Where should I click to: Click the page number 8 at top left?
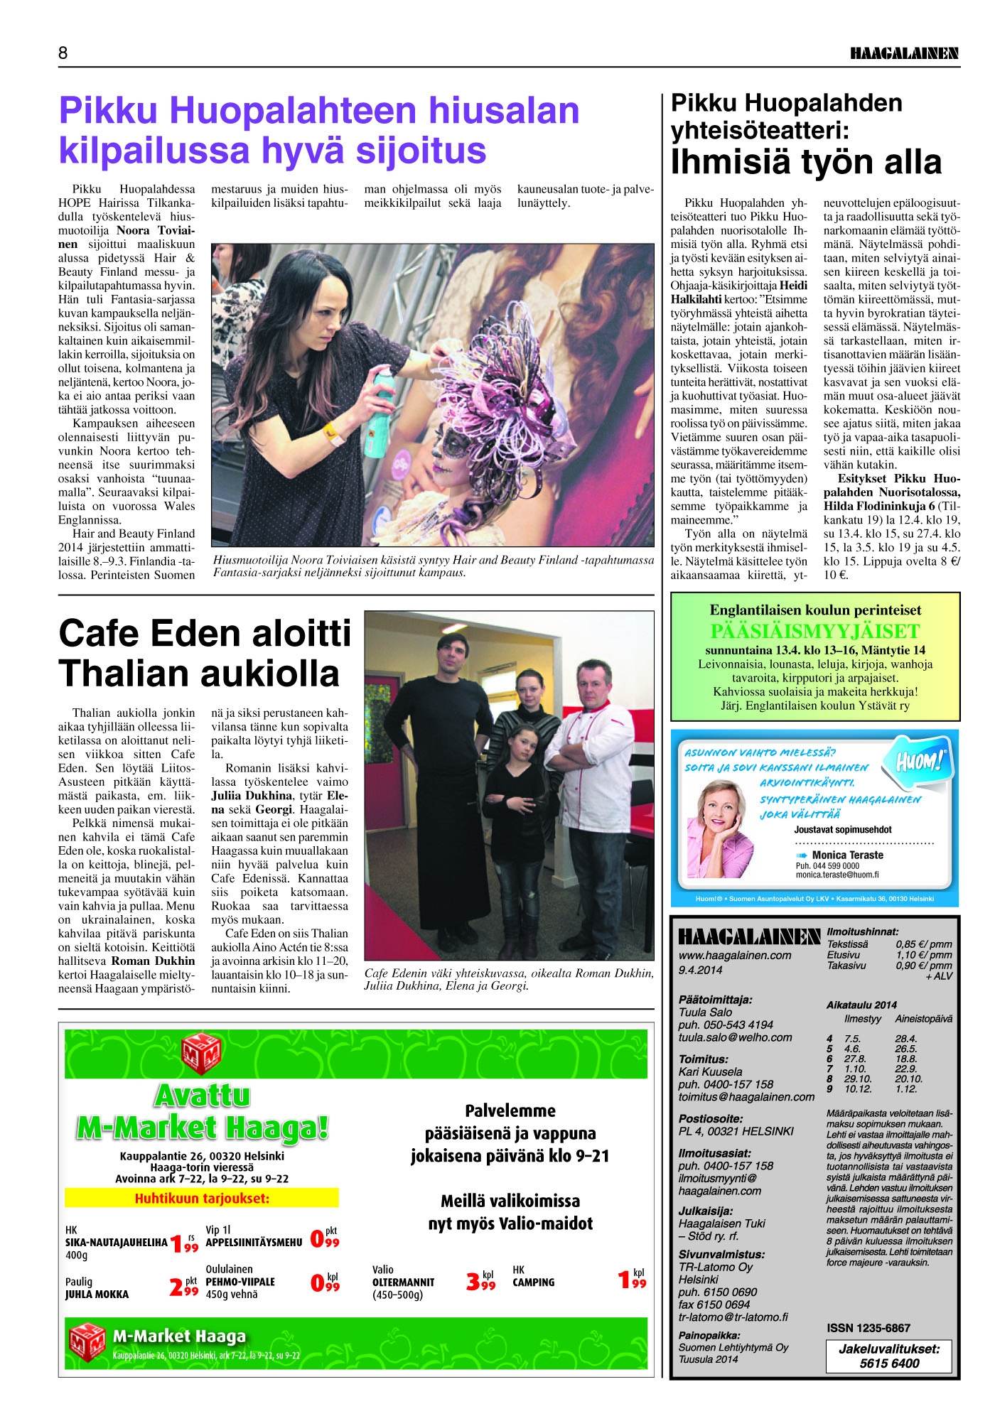pos(63,53)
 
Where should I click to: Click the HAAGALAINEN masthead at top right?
pos(904,53)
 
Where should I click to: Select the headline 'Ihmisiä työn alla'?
pos(806,162)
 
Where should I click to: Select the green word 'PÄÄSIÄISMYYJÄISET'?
pos(814,632)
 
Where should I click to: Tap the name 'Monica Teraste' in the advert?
pos(847,855)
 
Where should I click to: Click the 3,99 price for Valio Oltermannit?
pos(480,1280)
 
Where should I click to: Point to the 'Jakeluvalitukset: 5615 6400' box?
pos(888,1356)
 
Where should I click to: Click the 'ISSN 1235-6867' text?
pos(868,1327)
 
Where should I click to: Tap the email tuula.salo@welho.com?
pos(735,1037)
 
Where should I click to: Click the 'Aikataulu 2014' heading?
pos(861,1005)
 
